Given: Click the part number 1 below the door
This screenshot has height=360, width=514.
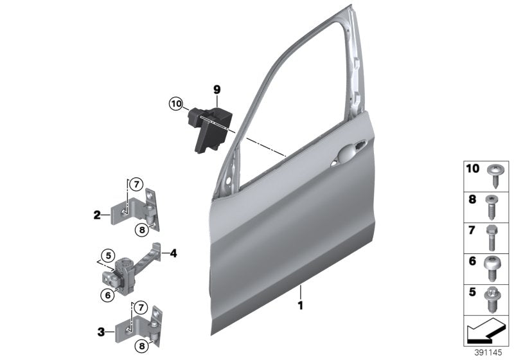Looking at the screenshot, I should (x=299, y=305).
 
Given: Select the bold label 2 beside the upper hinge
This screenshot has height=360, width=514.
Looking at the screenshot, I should (x=97, y=215).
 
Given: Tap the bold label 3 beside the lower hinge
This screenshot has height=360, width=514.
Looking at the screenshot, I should (x=101, y=332).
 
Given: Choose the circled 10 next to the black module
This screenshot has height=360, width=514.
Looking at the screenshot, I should (x=176, y=103).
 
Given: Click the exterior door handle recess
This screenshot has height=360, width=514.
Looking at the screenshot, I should (x=345, y=156).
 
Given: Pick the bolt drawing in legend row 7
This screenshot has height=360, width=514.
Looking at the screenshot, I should (x=495, y=237).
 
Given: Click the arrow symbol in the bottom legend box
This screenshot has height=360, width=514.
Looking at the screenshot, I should (x=485, y=332).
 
